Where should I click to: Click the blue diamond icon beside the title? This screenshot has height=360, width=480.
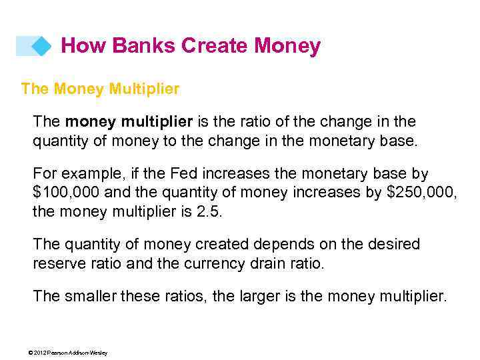click(42, 46)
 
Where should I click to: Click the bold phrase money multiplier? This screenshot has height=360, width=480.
click(129, 121)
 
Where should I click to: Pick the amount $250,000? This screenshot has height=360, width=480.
click(421, 193)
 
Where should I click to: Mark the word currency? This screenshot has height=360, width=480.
click(215, 263)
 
